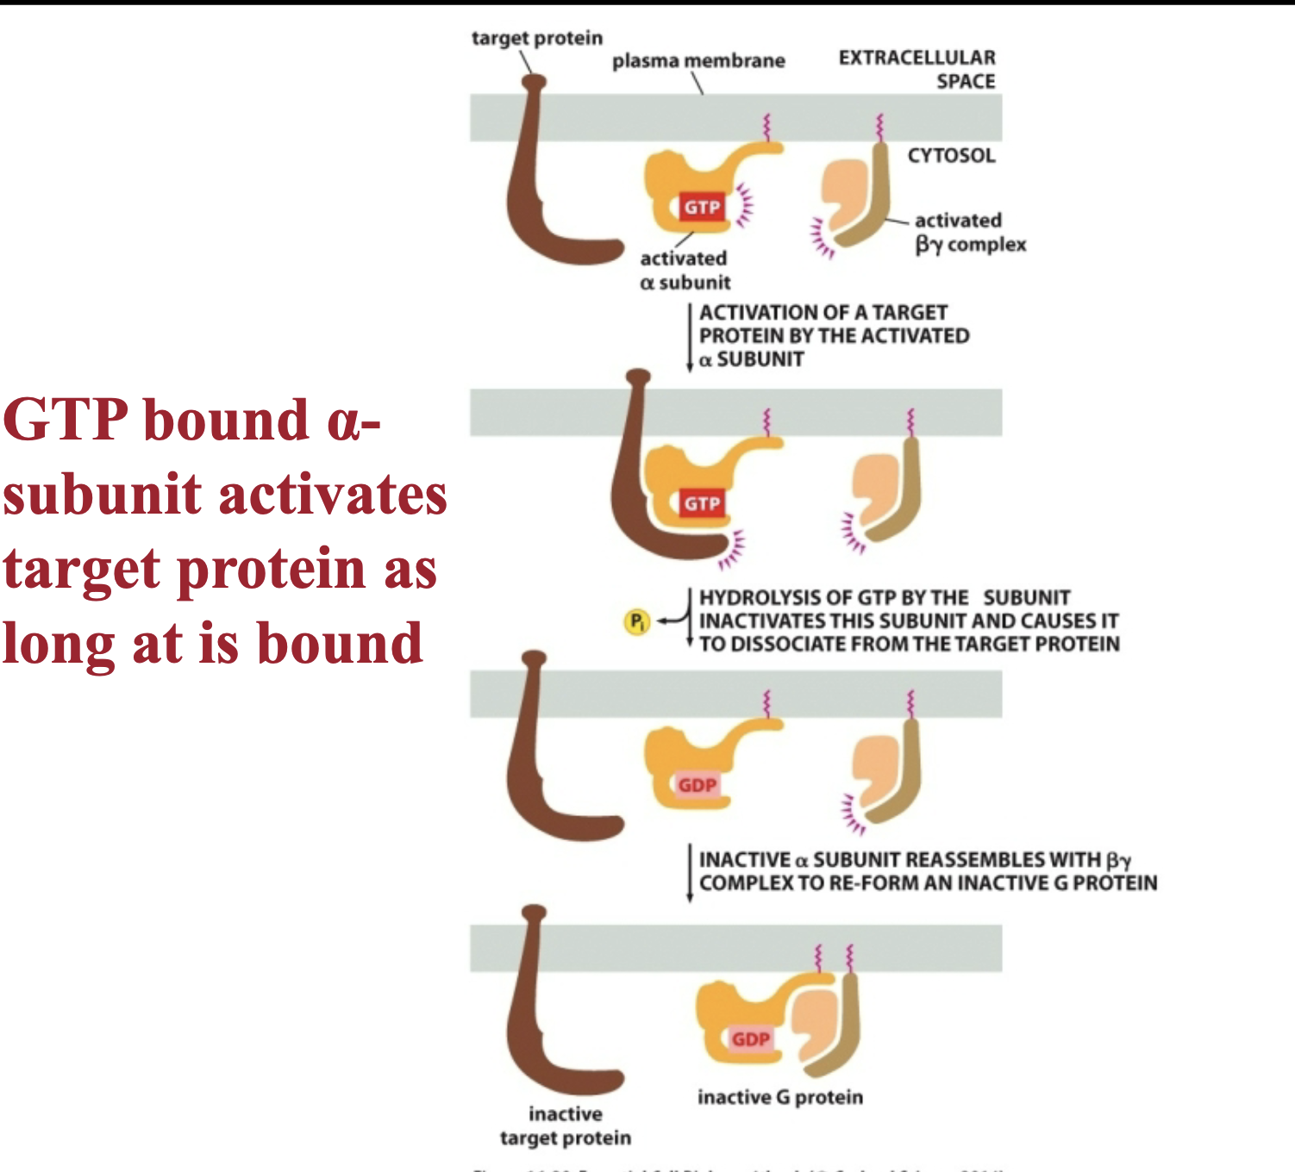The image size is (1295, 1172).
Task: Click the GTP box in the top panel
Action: click(702, 207)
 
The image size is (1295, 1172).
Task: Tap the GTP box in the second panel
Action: click(702, 503)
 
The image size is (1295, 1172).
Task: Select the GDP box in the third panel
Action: click(697, 785)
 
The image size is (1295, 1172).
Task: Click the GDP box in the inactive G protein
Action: click(750, 1039)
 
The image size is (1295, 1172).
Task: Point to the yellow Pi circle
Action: click(636, 621)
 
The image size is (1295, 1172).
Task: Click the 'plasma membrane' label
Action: click(698, 61)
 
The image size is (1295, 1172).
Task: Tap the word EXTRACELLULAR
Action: click(917, 58)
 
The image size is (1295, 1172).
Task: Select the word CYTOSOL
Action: click(950, 156)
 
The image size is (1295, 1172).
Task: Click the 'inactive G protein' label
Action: click(779, 1097)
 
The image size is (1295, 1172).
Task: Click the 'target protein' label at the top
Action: click(536, 38)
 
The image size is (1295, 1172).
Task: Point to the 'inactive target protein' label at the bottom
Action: click(566, 1125)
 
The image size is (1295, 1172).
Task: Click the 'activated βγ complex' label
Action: click(969, 233)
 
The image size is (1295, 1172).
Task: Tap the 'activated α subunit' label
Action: click(685, 270)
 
